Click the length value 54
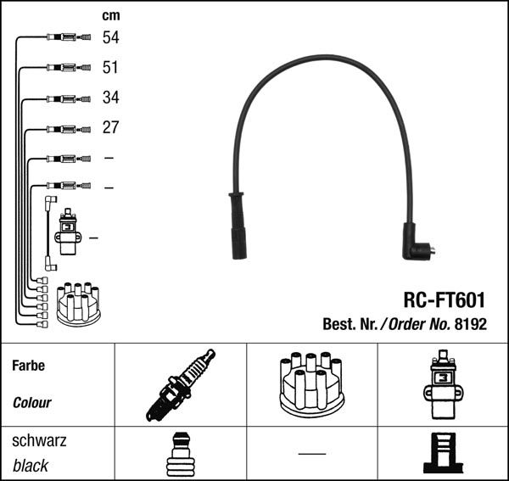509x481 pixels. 110,37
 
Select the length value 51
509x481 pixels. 110,67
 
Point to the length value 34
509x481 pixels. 110,98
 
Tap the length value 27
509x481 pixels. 110,128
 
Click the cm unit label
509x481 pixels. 110,15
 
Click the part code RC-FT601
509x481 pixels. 444,299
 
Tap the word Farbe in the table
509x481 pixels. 28,366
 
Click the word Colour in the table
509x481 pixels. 31,403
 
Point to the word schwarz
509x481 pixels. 39,442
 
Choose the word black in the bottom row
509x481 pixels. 31,466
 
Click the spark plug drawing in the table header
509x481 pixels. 181,384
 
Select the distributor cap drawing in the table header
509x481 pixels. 310,384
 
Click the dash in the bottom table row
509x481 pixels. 311,455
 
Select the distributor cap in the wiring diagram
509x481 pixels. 78,304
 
